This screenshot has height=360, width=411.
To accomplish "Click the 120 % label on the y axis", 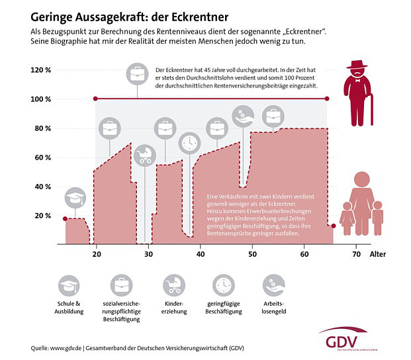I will [x=41, y=70].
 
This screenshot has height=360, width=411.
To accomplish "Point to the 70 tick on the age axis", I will [x=356, y=253].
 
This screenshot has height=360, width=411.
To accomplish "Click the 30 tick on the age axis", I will [x=148, y=253].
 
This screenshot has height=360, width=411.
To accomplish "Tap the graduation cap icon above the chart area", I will [x=75, y=198].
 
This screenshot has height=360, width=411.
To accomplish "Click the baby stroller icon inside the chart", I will [x=144, y=156].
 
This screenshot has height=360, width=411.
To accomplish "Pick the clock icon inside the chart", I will [x=191, y=142].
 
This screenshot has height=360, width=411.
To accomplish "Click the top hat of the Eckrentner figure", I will [x=357, y=65].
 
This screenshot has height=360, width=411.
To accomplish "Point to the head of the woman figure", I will [x=361, y=179].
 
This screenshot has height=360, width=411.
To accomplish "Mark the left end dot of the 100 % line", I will [x=96, y=99].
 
